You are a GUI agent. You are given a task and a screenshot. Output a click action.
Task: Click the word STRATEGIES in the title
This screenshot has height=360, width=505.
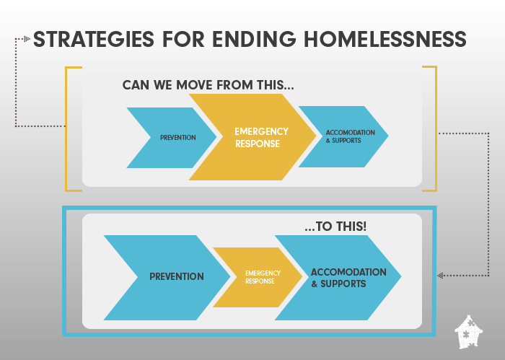tap(94, 39)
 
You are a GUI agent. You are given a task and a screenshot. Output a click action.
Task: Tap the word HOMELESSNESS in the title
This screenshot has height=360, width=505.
tap(385, 39)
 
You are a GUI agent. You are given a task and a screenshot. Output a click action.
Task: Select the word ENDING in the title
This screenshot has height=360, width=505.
tap(254, 39)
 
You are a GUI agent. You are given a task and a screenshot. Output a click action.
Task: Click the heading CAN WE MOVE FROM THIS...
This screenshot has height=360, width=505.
tap(208, 85)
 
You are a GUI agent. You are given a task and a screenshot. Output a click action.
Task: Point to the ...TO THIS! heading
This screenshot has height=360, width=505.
tap(335, 227)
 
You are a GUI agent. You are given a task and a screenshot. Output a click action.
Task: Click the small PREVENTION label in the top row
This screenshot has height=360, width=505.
tap(178, 138)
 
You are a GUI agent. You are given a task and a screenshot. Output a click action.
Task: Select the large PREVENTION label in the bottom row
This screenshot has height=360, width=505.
tap(177, 276)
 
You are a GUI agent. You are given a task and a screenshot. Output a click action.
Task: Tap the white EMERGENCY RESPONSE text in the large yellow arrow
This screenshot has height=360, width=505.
tap(261, 138)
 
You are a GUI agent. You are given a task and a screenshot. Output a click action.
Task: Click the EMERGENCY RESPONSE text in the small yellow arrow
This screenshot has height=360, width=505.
tap(263, 277)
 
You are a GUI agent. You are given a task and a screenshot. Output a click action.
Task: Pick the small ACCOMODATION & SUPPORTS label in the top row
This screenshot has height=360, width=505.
tap(351, 136)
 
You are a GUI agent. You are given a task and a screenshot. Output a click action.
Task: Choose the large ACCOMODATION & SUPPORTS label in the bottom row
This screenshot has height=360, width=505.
tap(348, 278)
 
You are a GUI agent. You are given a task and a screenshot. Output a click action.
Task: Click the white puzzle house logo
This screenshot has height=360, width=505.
tap(469, 332)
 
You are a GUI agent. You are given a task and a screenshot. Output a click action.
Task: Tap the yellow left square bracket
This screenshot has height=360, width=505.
tap(66, 129)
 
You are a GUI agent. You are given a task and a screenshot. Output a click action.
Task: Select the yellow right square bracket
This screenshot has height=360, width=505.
tap(436, 129)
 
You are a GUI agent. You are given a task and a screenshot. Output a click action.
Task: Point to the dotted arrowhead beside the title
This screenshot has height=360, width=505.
tap(27, 39)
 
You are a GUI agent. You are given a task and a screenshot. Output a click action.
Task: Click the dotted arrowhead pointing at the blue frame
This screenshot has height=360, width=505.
tap(440, 276)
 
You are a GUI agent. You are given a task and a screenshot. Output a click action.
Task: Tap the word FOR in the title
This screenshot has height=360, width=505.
tap(183, 39)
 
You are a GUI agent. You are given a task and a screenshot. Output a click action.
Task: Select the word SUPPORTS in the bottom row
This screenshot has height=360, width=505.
tap(343, 284)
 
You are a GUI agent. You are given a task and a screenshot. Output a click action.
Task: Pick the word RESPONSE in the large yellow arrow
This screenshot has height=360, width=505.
tap(258, 144)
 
